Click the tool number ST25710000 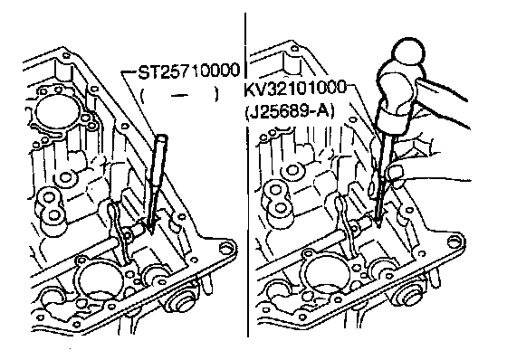pos(189,71)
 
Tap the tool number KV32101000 pos(295,89)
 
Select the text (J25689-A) pos(289,112)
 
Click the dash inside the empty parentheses pos(179,95)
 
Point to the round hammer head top pos(408,52)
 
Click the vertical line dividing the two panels pos(246,175)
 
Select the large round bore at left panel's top pos(57,112)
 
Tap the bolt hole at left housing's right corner pos(225,249)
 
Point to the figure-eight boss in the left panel pos(51,207)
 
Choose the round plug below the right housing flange pos(408,295)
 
